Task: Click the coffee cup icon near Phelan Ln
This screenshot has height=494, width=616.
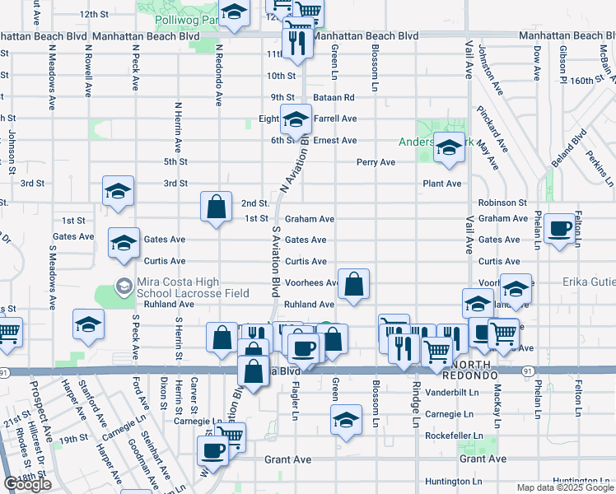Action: [561, 228]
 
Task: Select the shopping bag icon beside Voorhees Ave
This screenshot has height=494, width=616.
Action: [353, 285]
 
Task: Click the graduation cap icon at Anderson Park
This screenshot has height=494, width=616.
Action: [449, 148]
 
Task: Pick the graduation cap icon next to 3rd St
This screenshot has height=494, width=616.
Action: [119, 192]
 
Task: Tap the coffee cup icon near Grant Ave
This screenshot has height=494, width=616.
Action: [213, 451]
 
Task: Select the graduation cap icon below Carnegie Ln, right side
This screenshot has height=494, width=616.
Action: [347, 420]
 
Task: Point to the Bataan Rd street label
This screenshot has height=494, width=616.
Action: [334, 97]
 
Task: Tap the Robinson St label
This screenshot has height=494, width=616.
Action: [502, 202]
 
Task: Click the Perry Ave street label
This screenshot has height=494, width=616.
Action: [376, 162]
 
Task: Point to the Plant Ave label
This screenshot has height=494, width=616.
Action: [442, 184]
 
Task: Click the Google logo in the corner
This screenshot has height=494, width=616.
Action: [27, 484]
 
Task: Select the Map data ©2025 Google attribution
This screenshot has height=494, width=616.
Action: [565, 487]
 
